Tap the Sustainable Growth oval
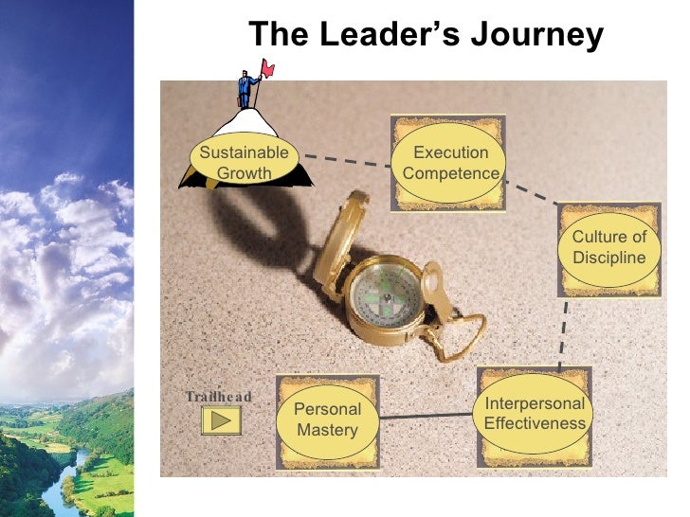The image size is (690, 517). [x=244, y=162]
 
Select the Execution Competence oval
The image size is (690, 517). [x=451, y=162]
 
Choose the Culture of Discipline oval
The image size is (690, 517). [x=608, y=247]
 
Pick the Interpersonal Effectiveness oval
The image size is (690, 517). [x=535, y=413]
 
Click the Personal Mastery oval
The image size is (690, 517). [x=328, y=419]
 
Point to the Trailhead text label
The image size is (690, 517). [x=218, y=397]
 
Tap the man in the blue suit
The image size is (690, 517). [x=246, y=88]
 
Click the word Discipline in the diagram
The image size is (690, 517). [x=608, y=258]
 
